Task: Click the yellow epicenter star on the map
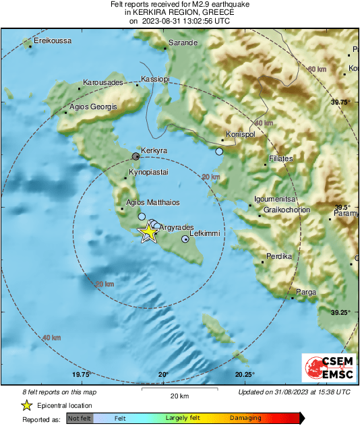(x=148, y=233)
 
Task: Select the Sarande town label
(x=182, y=42)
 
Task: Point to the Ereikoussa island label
(x=53, y=41)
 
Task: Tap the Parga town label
(x=307, y=292)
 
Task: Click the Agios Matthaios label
(x=153, y=202)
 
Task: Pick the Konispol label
(x=239, y=133)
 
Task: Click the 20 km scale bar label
(x=179, y=396)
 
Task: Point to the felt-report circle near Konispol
(x=219, y=152)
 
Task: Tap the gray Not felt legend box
(x=80, y=418)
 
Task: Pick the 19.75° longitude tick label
(x=81, y=375)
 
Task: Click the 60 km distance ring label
(x=317, y=70)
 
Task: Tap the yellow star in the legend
(x=26, y=405)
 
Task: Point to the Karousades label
(x=102, y=82)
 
